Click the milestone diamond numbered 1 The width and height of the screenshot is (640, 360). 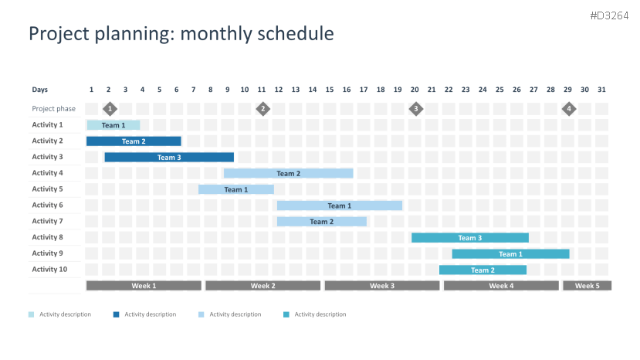coord(110,109)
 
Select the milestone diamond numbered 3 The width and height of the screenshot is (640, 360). coord(416,109)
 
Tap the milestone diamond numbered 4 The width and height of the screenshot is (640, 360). coord(569,109)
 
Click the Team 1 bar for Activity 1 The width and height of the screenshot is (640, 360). coord(113,125)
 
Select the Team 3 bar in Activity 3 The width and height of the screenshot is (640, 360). coord(169,158)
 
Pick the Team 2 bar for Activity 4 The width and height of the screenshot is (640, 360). coord(289,173)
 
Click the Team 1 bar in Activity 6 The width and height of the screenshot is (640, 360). coord(340,205)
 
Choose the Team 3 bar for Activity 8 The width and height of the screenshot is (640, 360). coord(470,238)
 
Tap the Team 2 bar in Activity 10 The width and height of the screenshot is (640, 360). coord(483,270)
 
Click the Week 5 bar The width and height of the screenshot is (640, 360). coord(588,286)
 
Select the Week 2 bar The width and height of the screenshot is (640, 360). coord(262,286)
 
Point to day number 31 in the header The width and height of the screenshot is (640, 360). coord(601,90)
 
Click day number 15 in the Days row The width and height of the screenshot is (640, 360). coord(330,90)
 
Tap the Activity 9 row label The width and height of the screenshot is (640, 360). coord(47,253)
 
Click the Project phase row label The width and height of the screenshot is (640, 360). coord(54,109)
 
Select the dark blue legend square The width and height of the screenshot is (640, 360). coord(117,314)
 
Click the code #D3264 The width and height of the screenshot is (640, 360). coord(609,16)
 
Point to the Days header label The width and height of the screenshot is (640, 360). coord(40,90)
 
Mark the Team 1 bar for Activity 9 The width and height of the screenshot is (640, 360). coord(510,253)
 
